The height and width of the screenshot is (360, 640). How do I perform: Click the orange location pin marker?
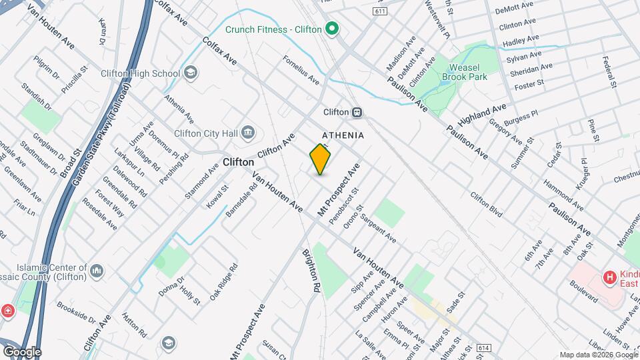(320, 159)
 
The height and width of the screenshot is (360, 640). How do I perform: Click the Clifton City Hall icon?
(248, 133)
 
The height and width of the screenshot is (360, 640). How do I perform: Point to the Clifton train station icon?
(357, 112)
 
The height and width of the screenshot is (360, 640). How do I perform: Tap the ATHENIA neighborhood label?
(343, 135)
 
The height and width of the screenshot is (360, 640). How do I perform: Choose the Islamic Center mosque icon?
(97, 271)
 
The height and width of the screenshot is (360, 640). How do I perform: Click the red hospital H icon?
(608, 277)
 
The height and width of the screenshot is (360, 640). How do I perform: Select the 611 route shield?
(381, 12)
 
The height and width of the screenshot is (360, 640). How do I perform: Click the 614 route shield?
(484, 349)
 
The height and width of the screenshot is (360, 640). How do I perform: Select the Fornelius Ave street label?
(301, 69)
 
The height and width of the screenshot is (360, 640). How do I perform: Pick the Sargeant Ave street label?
(378, 229)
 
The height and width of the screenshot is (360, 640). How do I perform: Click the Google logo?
(22, 351)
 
